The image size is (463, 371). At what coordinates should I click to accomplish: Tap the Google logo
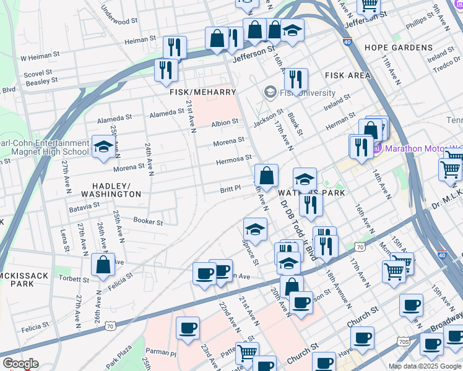coord(20,364)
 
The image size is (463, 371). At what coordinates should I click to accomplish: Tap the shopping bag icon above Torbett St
coord(103,265)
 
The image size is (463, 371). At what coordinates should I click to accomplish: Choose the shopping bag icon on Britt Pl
coord(266,176)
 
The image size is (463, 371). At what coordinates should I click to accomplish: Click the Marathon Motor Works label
coord(423,148)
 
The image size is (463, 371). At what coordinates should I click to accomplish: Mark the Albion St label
coord(224,123)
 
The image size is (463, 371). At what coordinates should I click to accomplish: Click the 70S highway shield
coord(403,341)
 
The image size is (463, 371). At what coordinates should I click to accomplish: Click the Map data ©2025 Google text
coord(425,366)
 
